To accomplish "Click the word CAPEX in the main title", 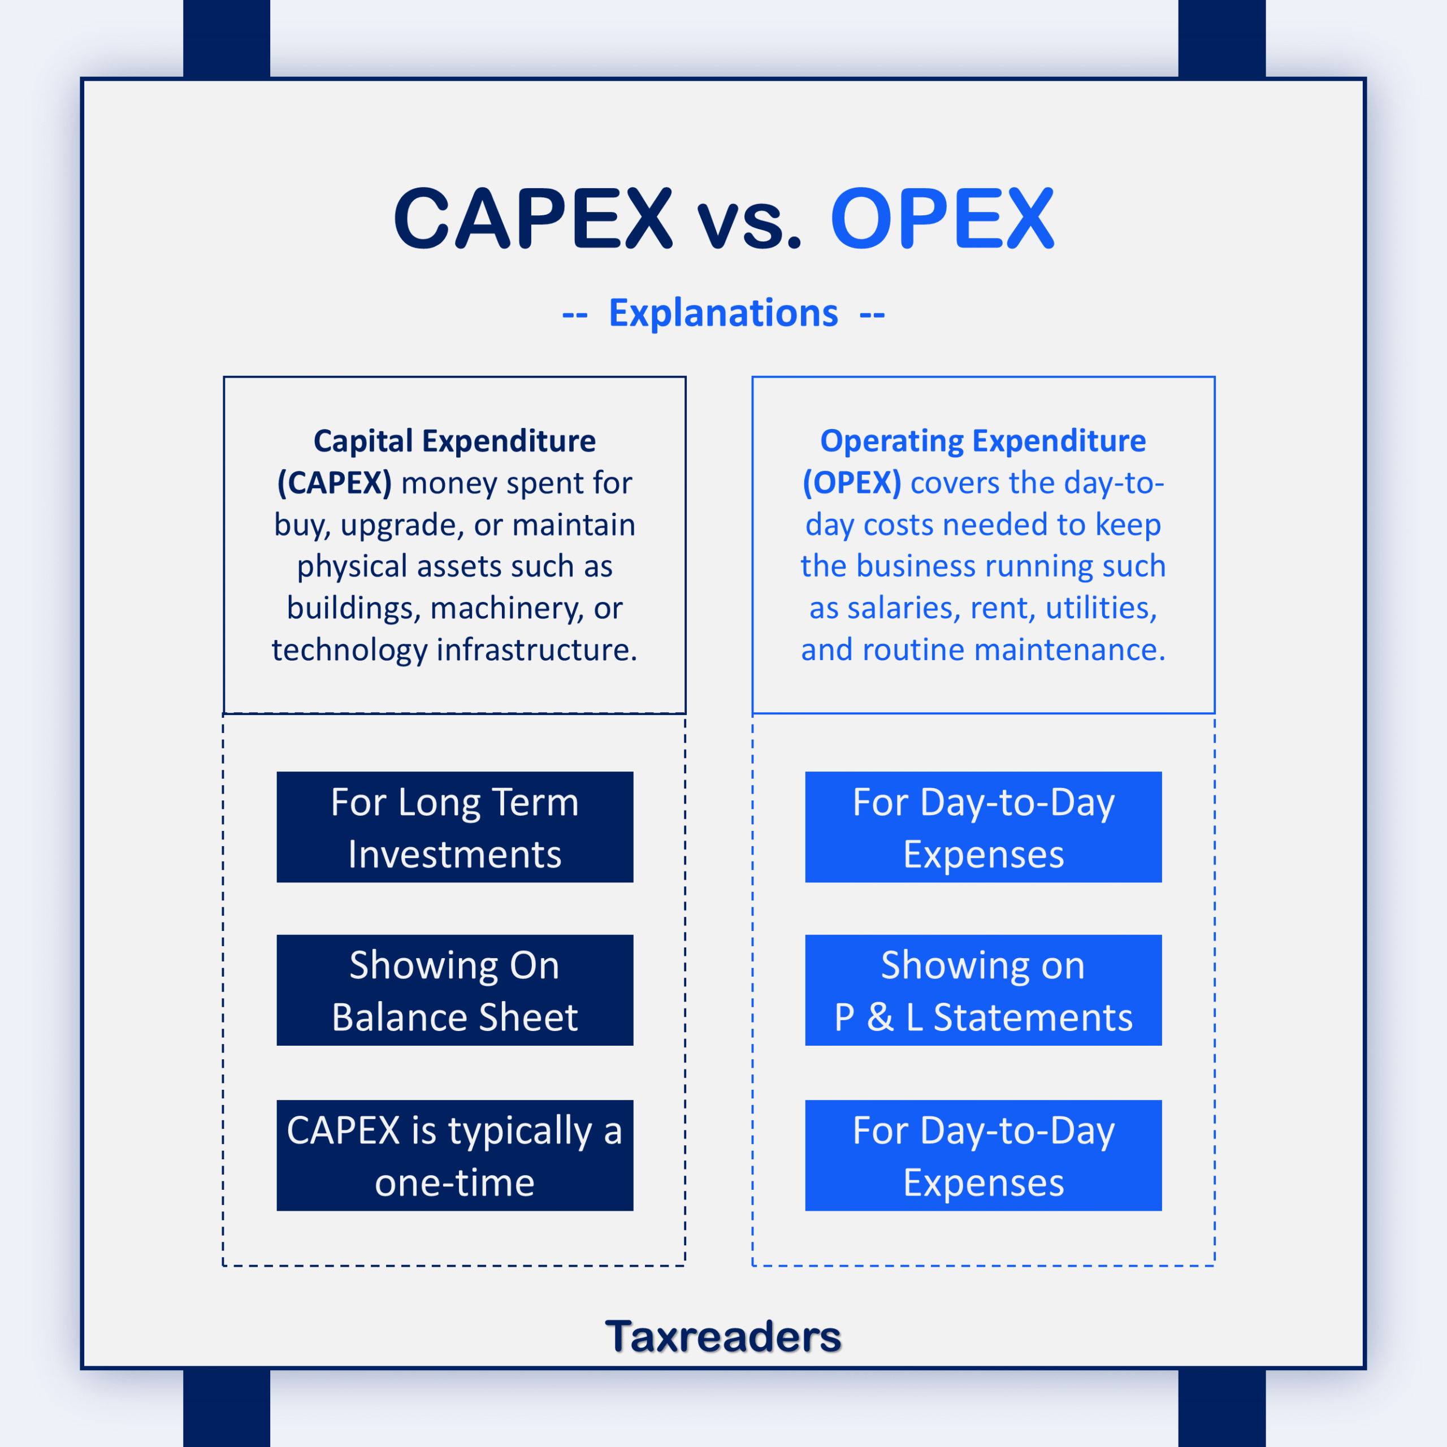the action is [x=533, y=219].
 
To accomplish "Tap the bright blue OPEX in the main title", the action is [x=942, y=219].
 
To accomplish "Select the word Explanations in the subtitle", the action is [x=723, y=313].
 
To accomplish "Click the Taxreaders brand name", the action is [x=723, y=1336].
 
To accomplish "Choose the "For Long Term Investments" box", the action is [x=454, y=827].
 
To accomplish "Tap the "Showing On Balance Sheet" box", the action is [x=454, y=990].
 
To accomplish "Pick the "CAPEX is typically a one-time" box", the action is [x=454, y=1155].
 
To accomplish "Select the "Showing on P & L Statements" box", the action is [x=984, y=990].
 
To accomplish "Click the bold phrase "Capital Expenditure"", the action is [x=454, y=441].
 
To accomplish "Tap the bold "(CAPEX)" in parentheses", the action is [x=334, y=483].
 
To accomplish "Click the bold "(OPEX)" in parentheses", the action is [x=852, y=483].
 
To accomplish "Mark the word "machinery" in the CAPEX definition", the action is [x=507, y=609].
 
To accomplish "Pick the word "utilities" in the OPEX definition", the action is [x=1101, y=608].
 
